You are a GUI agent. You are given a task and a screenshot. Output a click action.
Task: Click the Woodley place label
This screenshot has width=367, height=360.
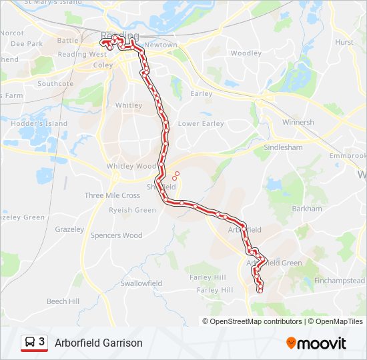tap(246, 53)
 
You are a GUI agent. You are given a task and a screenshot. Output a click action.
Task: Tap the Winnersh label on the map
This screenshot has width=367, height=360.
tap(298, 123)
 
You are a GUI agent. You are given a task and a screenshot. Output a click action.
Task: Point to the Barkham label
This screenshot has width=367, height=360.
tap(307, 209)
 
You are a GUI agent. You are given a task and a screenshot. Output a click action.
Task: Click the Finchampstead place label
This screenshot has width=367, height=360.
tap(340, 281)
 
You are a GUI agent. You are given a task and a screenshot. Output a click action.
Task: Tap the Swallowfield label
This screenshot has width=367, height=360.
tap(141, 283)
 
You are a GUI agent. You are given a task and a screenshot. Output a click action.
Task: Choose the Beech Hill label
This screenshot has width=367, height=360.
tap(63, 301)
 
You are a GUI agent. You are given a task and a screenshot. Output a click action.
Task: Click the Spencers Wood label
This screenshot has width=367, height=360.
tap(116, 235)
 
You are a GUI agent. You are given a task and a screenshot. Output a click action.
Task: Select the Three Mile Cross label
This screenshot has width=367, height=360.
tap(112, 195)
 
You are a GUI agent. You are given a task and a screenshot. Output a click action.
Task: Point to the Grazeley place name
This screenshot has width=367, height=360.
tap(69, 229)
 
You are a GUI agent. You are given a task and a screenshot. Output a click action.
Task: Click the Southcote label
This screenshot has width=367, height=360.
tap(55, 84)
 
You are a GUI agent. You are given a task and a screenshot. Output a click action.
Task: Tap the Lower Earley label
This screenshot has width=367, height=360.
tap(201, 124)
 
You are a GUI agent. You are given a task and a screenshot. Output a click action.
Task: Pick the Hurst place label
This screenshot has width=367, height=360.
tap(344, 42)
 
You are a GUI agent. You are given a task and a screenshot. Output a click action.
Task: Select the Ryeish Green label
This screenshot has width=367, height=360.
tap(132, 210)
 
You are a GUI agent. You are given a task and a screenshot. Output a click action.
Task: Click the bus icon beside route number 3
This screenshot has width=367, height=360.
tap(29, 342)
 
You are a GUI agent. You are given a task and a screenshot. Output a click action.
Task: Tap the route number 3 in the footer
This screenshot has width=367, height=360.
tap(42, 342)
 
